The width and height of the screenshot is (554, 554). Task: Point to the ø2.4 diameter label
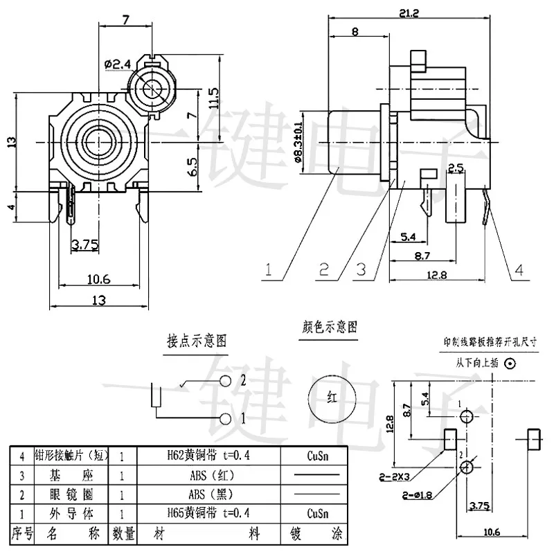(x=117, y=64)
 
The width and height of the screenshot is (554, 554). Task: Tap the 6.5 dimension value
(x=192, y=166)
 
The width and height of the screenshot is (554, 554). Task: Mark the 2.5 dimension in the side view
(x=455, y=168)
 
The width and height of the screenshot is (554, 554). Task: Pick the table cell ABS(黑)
(x=207, y=494)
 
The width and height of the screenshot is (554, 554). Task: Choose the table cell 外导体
(x=65, y=513)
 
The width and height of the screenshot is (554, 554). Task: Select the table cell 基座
(x=65, y=475)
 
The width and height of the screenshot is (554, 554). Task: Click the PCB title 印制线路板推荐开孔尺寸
(x=490, y=341)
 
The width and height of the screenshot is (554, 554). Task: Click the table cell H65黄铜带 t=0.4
(x=207, y=513)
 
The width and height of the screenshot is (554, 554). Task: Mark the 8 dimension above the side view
(x=355, y=31)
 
